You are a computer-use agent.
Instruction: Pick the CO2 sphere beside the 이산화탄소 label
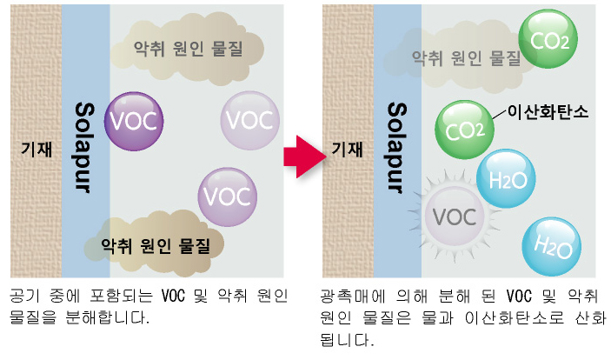click(463, 130)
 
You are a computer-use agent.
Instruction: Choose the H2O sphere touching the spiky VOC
click(505, 178)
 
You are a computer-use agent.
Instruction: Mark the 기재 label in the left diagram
click(36, 149)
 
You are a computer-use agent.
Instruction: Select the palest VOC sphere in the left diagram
click(249, 119)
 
